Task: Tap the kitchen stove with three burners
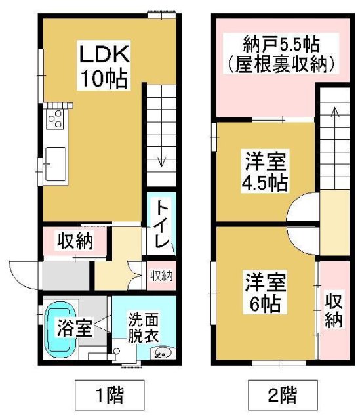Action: [x=54, y=119]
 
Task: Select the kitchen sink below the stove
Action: [x=54, y=160]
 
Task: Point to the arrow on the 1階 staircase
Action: [x=161, y=157]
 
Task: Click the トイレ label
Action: [x=161, y=226]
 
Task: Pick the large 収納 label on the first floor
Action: [x=73, y=241]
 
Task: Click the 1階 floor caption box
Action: [x=108, y=396]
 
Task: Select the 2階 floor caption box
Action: [x=283, y=396]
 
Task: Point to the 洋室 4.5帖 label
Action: [x=266, y=171]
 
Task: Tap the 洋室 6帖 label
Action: [x=264, y=292]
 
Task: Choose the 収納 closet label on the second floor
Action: [x=332, y=310]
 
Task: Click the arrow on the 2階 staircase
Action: [x=335, y=118]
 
